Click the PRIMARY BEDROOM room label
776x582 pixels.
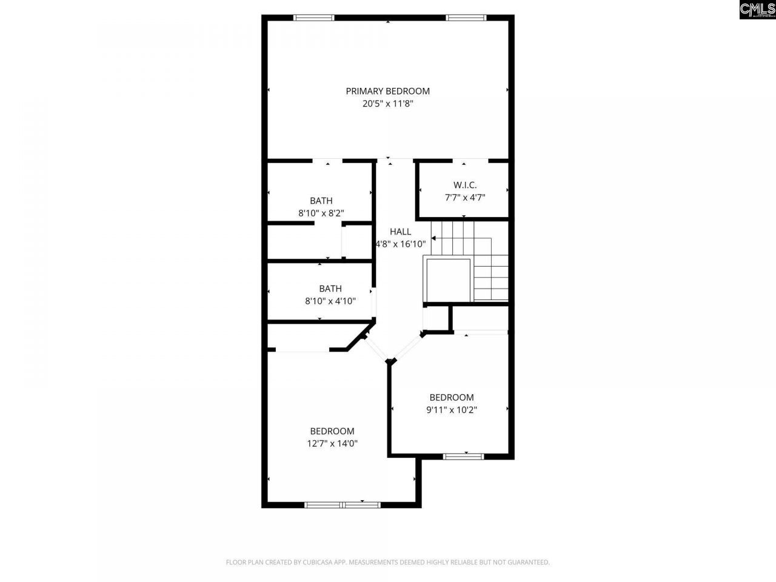point(387,91)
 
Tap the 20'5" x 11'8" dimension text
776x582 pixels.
point(387,104)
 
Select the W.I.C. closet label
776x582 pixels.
point(465,185)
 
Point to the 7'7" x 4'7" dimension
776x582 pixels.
point(465,197)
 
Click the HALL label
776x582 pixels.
point(400,232)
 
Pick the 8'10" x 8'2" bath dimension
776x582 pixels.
point(321,213)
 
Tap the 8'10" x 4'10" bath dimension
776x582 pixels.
point(330,301)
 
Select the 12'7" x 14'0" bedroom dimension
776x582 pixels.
point(332,443)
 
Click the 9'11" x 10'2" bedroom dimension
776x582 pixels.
point(452,410)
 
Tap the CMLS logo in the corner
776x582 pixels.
point(757,10)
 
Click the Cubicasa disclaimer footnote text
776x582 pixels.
point(387,563)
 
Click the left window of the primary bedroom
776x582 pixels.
point(313,18)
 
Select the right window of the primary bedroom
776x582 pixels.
point(466,18)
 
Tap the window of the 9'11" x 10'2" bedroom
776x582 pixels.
point(463,456)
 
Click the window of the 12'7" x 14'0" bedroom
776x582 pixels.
point(343,504)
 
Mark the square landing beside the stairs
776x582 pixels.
point(449,279)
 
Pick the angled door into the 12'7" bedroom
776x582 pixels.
point(376,348)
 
